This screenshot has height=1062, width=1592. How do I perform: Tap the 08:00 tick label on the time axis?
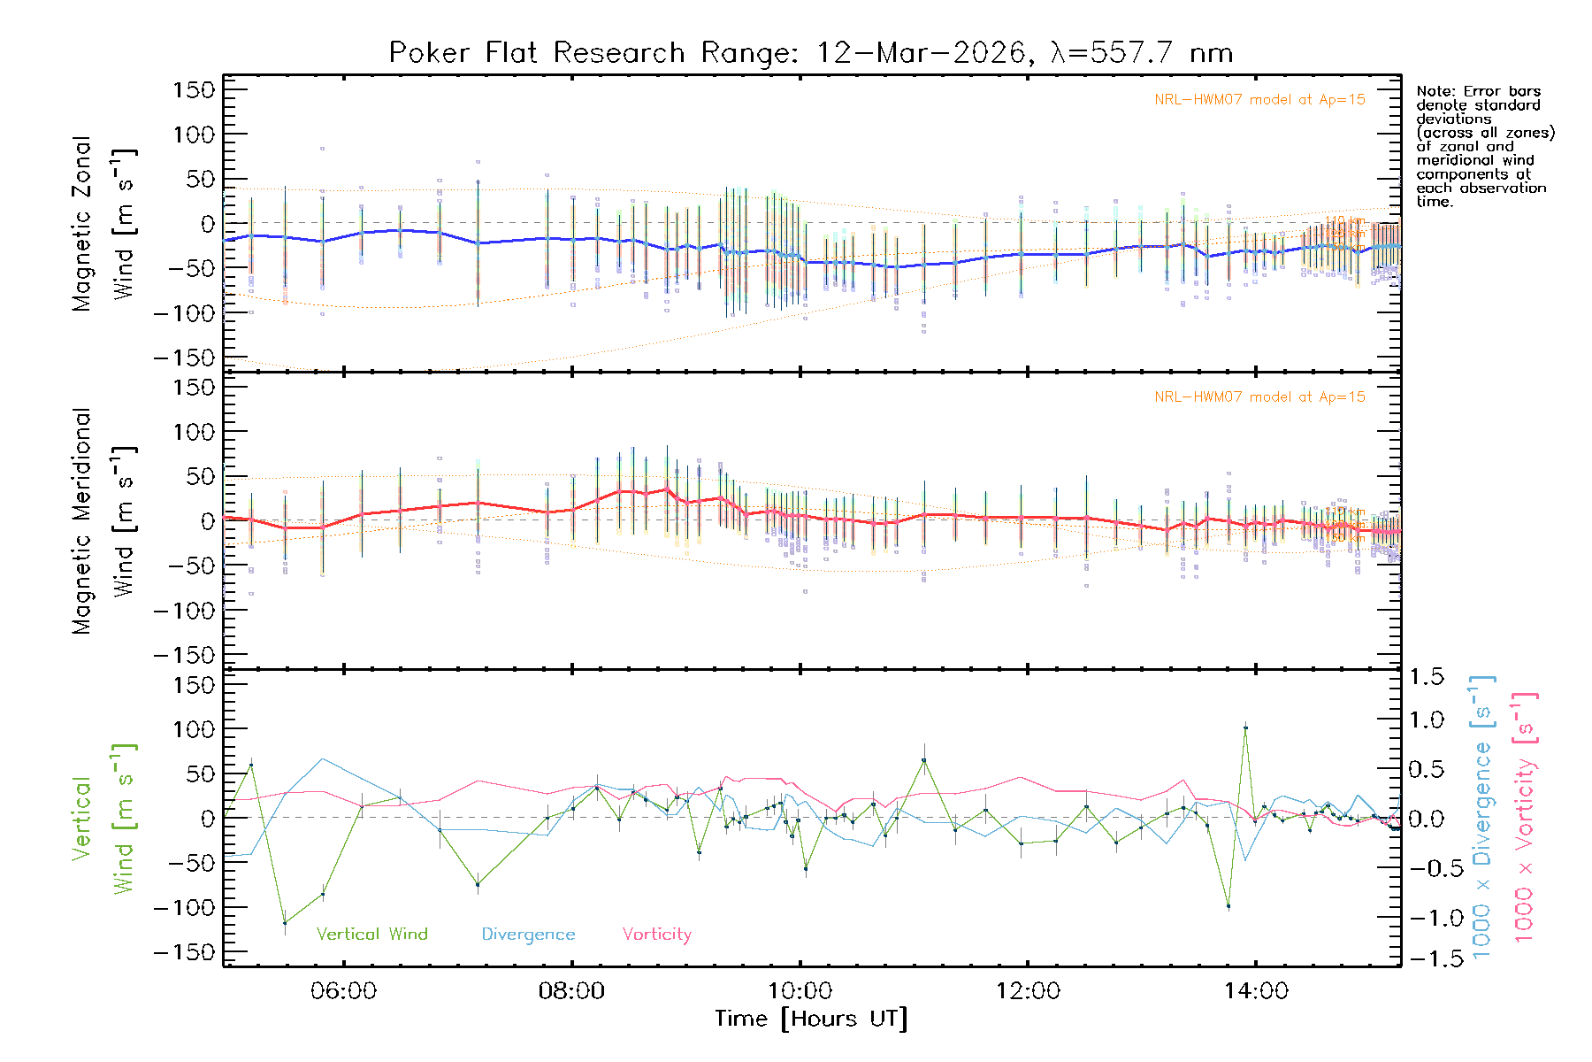571,991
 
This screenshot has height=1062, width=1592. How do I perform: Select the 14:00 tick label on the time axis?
1256,991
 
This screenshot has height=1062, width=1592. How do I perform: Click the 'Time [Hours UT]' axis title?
811,1020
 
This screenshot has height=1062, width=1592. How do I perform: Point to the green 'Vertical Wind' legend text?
371,935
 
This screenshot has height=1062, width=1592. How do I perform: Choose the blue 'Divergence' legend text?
528,935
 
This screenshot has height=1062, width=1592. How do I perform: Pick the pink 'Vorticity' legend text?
656,935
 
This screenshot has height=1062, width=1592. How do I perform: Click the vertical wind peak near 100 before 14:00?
1245,727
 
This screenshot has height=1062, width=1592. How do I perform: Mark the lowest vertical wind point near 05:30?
285,923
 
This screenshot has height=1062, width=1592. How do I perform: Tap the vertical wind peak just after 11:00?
924,759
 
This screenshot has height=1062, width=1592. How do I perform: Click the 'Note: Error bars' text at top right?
1479,92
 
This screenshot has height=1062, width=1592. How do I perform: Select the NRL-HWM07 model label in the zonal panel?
1259,100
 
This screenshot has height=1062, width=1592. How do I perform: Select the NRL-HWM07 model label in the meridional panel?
1259,397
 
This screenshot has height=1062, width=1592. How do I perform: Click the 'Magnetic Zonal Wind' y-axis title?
103,224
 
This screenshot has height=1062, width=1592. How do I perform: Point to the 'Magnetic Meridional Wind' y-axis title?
103,521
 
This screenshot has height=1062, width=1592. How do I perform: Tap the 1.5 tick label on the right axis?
1426,677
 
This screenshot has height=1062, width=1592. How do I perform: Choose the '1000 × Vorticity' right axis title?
1525,817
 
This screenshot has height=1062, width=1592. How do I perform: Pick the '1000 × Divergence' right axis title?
1482,817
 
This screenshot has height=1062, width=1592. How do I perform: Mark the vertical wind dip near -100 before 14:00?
1228,906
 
